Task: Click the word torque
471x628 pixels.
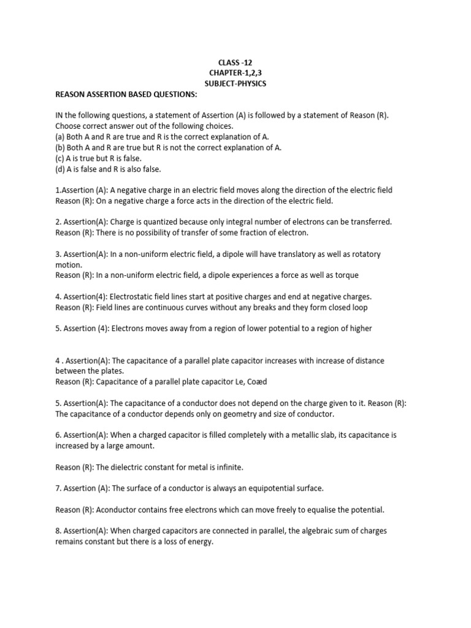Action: pyautogui.click(x=346, y=275)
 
